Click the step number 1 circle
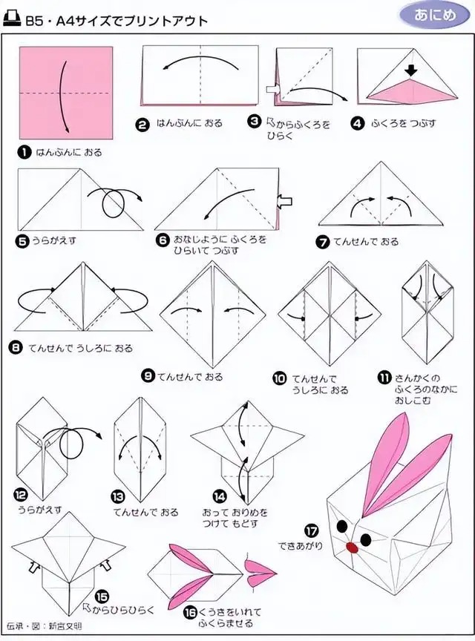tap(24, 153)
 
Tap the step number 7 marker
tap(323, 242)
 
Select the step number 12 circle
tap(22, 496)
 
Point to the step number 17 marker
tap(311, 531)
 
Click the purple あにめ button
tap(434, 15)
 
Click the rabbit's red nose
tap(352, 548)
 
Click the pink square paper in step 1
tap(66, 93)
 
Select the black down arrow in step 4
tap(412, 71)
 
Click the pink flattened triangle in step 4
tap(411, 91)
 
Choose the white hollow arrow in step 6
tap(285, 200)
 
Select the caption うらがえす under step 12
tap(40, 510)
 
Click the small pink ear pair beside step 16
tap(260, 572)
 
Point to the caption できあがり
tap(301, 546)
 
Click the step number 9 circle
tap(148, 375)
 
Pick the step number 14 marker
tap(220, 496)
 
